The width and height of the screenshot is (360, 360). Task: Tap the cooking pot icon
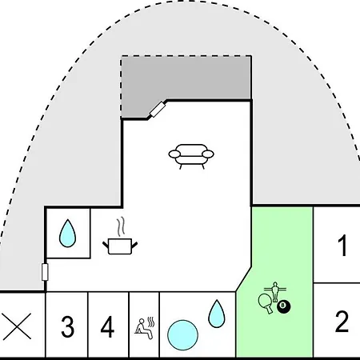coord(120,246)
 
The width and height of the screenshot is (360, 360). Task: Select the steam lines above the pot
coord(121,226)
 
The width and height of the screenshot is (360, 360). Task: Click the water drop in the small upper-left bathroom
coord(67,234)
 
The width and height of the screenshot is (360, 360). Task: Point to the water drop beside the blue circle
coord(217,314)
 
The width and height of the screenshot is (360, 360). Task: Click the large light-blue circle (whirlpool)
coord(182,335)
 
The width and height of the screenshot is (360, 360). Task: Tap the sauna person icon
coord(144,328)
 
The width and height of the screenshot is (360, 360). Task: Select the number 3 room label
coord(67,326)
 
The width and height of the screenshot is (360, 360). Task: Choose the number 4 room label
coord(107,326)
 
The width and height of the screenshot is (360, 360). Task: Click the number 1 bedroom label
coord(342,246)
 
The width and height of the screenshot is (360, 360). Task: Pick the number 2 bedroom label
coord(342,321)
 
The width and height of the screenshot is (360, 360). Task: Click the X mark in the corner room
coord(17,326)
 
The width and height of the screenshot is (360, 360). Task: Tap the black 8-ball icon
coord(284,306)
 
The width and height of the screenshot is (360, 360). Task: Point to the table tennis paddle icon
coord(266,302)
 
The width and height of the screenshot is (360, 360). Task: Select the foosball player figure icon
coord(275,291)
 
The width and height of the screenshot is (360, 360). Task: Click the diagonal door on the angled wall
coord(158,110)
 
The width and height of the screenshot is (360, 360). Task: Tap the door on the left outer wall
coord(45,272)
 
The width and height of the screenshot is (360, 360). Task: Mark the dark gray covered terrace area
coord(186,80)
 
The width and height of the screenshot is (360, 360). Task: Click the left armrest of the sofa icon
coord(175,154)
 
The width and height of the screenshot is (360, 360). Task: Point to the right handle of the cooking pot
coord(134,245)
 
